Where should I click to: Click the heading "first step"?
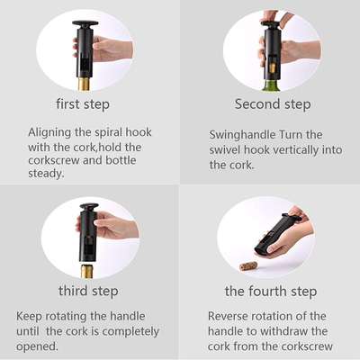tap(83, 104)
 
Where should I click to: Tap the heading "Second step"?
tap(273, 104)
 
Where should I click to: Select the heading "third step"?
tap(88, 291)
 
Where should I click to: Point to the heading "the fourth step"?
tap(271, 291)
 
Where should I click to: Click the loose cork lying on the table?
tap(248, 265)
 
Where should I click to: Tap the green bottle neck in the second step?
tap(273, 85)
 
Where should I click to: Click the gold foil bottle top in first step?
tap(85, 84)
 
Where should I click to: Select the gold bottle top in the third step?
tap(87, 271)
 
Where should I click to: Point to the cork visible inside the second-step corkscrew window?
tap(273, 67)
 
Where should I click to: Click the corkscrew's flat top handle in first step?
tap(85, 23)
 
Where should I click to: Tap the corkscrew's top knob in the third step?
tap(89, 206)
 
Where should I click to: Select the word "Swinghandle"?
tap(242, 135)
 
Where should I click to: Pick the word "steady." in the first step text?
tap(46, 174)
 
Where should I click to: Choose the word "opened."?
tap(37, 346)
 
